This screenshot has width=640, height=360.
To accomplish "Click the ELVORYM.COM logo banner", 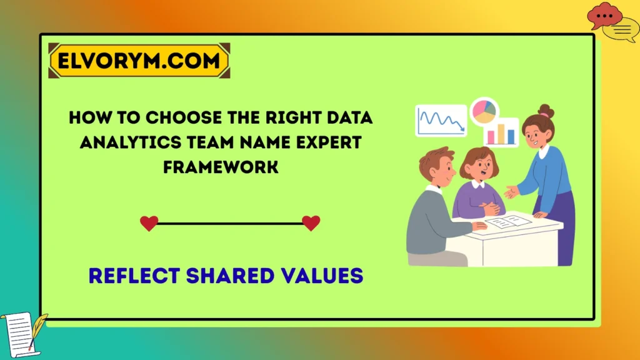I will (x=139, y=61).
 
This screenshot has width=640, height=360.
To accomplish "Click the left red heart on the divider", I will (x=149, y=223).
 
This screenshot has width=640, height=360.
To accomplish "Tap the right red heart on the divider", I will (x=311, y=223).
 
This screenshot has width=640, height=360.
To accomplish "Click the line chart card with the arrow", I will (x=441, y=120).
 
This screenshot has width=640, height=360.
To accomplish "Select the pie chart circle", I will (x=484, y=111).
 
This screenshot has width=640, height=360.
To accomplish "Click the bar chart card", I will (x=501, y=132).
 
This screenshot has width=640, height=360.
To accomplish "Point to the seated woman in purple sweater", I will (x=477, y=187).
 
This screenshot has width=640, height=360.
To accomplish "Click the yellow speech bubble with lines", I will (x=623, y=29).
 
